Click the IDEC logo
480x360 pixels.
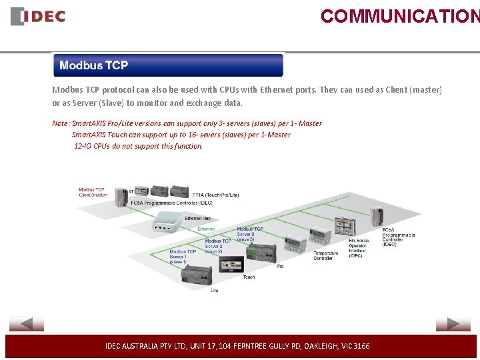click(x=38, y=17)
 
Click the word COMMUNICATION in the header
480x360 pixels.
click(x=399, y=16)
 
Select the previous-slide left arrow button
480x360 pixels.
click(x=27, y=324)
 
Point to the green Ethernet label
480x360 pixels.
click(x=206, y=229)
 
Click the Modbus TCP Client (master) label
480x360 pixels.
click(x=93, y=192)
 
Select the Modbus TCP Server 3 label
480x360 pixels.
click(x=250, y=234)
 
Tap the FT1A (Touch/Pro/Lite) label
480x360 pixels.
click(x=215, y=195)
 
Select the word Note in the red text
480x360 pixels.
click(x=60, y=123)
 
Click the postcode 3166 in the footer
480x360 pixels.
click(x=361, y=346)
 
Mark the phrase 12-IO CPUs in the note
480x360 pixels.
click(x=92, y=146)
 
